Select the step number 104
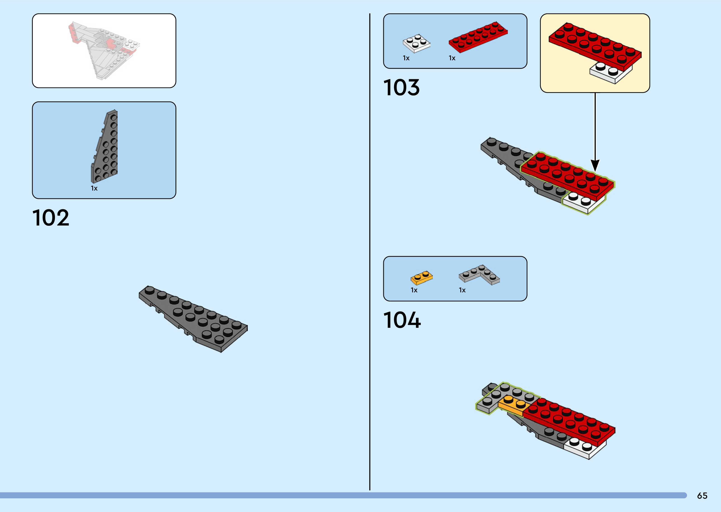coord(402,320)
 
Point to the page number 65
coord(702,496)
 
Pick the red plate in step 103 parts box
coord(478,37)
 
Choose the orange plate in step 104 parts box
coord(421,278)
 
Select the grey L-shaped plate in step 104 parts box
coord(479,274)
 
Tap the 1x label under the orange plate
coord(414,290)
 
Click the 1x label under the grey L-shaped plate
coord(462,290)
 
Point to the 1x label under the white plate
coord(406,58)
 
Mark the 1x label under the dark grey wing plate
coord(94,188)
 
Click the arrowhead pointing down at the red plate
coord(595,165)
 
